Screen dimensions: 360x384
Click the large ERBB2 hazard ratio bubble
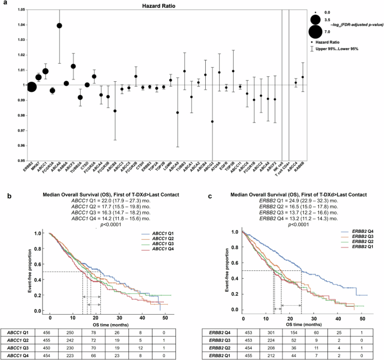(31, 86)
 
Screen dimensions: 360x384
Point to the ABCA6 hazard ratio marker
(59, 26)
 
